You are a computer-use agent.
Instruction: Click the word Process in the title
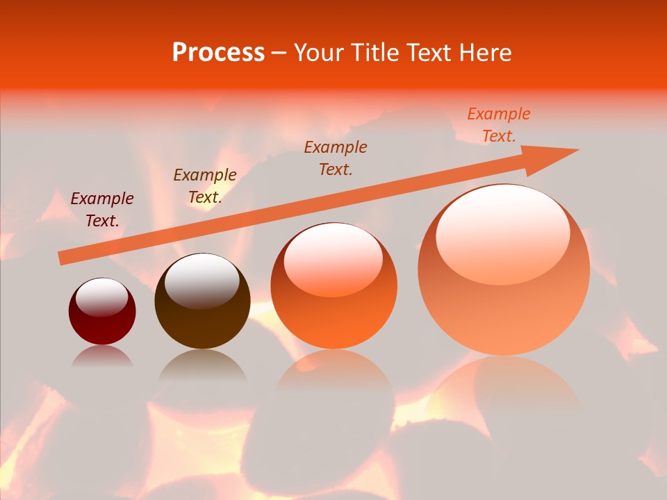click(x=218, y=53)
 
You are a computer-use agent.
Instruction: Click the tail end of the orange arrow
click(x=63, y=258)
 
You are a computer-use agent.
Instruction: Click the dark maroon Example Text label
click(x=102, y=210)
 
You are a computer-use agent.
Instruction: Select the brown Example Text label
click(x=205, y=186)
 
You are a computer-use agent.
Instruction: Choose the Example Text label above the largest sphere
click(x=499, y=125)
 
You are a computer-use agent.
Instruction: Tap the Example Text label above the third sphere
click(x=336, y=158)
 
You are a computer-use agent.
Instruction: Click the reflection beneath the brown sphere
click(x=202, y=365)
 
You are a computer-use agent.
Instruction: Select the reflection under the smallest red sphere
click(x=102, y=356)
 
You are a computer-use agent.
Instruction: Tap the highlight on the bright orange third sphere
click(x=333, y=258)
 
